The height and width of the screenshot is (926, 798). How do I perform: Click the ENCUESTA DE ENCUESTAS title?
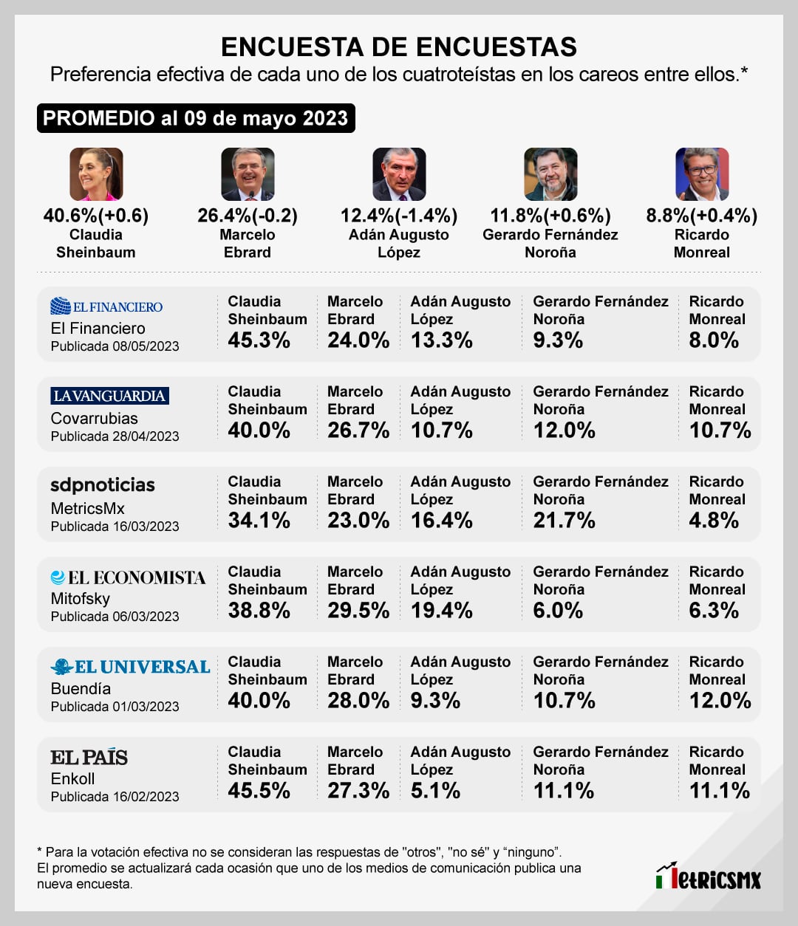[399, 47]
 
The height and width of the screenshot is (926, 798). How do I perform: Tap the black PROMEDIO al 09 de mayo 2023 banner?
[196, 118]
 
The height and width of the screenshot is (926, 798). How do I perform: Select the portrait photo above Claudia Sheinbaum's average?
[96, 174]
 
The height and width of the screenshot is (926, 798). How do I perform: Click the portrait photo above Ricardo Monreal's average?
[702, 174]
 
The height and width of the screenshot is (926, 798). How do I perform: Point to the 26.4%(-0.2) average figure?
[248, 216]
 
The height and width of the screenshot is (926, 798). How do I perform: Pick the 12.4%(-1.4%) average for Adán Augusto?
[399, 216]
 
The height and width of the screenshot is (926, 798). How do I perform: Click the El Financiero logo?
[106, 306]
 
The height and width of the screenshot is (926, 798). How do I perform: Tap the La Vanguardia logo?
[110, 396]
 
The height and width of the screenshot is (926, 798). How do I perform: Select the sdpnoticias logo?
[103, 485]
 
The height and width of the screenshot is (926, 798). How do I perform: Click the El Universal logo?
[131, 667]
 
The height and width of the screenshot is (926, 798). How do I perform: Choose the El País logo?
[89, 758]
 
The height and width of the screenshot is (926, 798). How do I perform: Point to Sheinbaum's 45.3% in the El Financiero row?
[259, 340]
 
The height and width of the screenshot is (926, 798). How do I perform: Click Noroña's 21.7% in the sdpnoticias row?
[564, 521]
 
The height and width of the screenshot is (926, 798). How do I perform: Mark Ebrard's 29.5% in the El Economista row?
[358, 611]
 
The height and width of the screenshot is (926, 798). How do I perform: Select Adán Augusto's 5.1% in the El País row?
[435, 791]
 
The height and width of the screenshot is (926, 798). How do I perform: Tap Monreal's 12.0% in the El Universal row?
[720, 701]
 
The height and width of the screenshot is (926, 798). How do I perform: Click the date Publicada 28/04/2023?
[115, 436]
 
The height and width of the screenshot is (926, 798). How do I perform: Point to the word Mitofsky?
[81, 599]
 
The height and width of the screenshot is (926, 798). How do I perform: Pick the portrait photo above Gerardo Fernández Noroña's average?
[550, 174]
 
